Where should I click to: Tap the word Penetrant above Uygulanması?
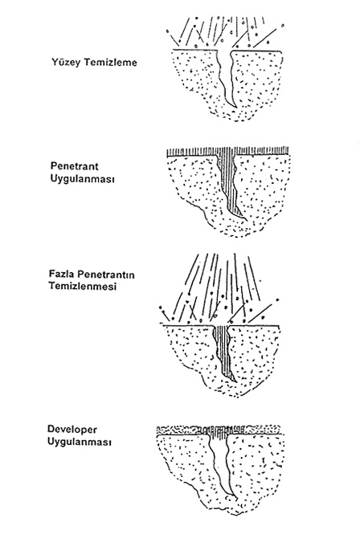pyautogui.click(x=74, y=166)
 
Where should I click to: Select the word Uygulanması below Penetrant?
pyautogui.click(x=83, y=179)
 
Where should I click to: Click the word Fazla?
pyautogui.click(x=62, y=274)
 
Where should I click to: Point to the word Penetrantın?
pyautogui.click(x=106, y=274)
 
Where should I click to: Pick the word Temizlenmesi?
pyautogui.click(x=83, y=286)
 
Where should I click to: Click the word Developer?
pyautogui.click(x=72, y=430)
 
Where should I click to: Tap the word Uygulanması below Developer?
pyautogui.click(x=80, y=442)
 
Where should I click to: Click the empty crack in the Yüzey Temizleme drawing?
pyautogui.click(x=226, y=79)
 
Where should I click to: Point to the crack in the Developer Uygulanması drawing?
pyautogui.click(x=220, y=467)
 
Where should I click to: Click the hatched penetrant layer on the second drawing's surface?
pyautogui.click(x=227, y=152)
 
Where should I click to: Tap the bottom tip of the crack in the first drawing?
pyautogui.click(x=236, y=108)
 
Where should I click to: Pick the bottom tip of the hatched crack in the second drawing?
pyautogui.click(x=245, y=218)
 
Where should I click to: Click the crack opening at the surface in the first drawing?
pyautogui.click(x=224, y=51)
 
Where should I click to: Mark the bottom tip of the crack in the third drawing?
pyautogui.click(x=235, y=381)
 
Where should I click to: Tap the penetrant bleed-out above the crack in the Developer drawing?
pyautogui.click(x=219, y=430)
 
